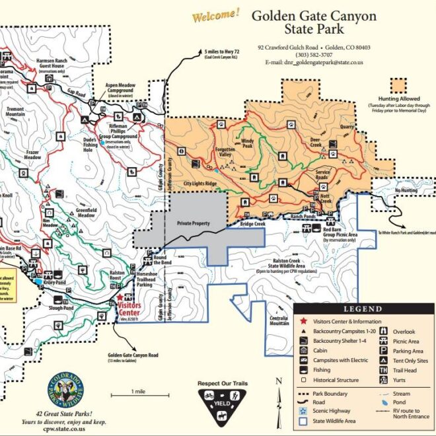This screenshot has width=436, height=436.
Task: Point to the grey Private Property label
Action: pyautogui.click(x=193, y=223)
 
